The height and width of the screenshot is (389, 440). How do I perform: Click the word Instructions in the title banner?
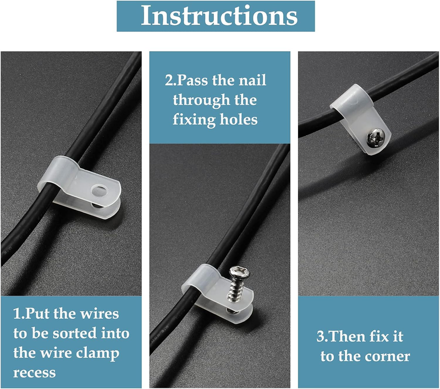(x=219, y=15)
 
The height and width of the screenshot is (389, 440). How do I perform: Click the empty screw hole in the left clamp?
(x=99, y=191)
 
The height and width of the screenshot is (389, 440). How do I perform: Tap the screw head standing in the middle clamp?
(x=240, y=271)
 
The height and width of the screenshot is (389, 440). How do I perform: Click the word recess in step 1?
(x=35, y=373)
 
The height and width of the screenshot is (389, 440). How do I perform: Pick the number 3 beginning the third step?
(x=321, y=337)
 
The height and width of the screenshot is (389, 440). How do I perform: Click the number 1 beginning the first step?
(x=17, y=314)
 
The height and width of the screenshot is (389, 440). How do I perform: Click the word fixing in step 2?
(x=194, y=120)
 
